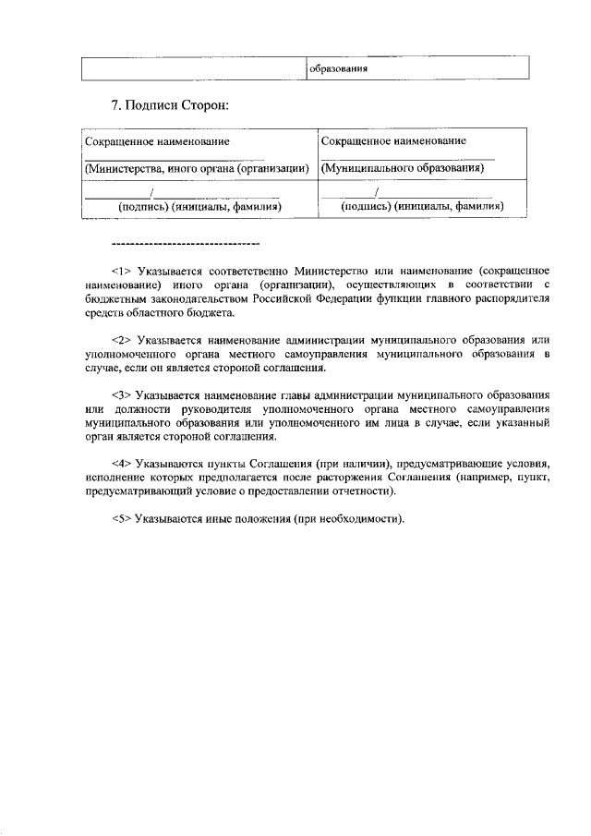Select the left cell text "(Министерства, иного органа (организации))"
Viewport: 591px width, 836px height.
click(196, 169)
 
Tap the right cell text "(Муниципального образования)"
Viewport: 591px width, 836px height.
click(403, 169)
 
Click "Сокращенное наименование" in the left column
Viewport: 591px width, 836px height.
click(157, 141)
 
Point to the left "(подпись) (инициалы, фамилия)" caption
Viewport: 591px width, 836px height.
click(197, 207)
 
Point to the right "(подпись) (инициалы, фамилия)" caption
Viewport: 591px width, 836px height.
click(421, 207)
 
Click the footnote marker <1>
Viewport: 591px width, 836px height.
click(122, 272)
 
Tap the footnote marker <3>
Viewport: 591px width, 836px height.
click(122, 395)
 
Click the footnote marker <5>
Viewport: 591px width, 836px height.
click(122, 518)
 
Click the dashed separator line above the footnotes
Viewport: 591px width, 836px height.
click(185, 244)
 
